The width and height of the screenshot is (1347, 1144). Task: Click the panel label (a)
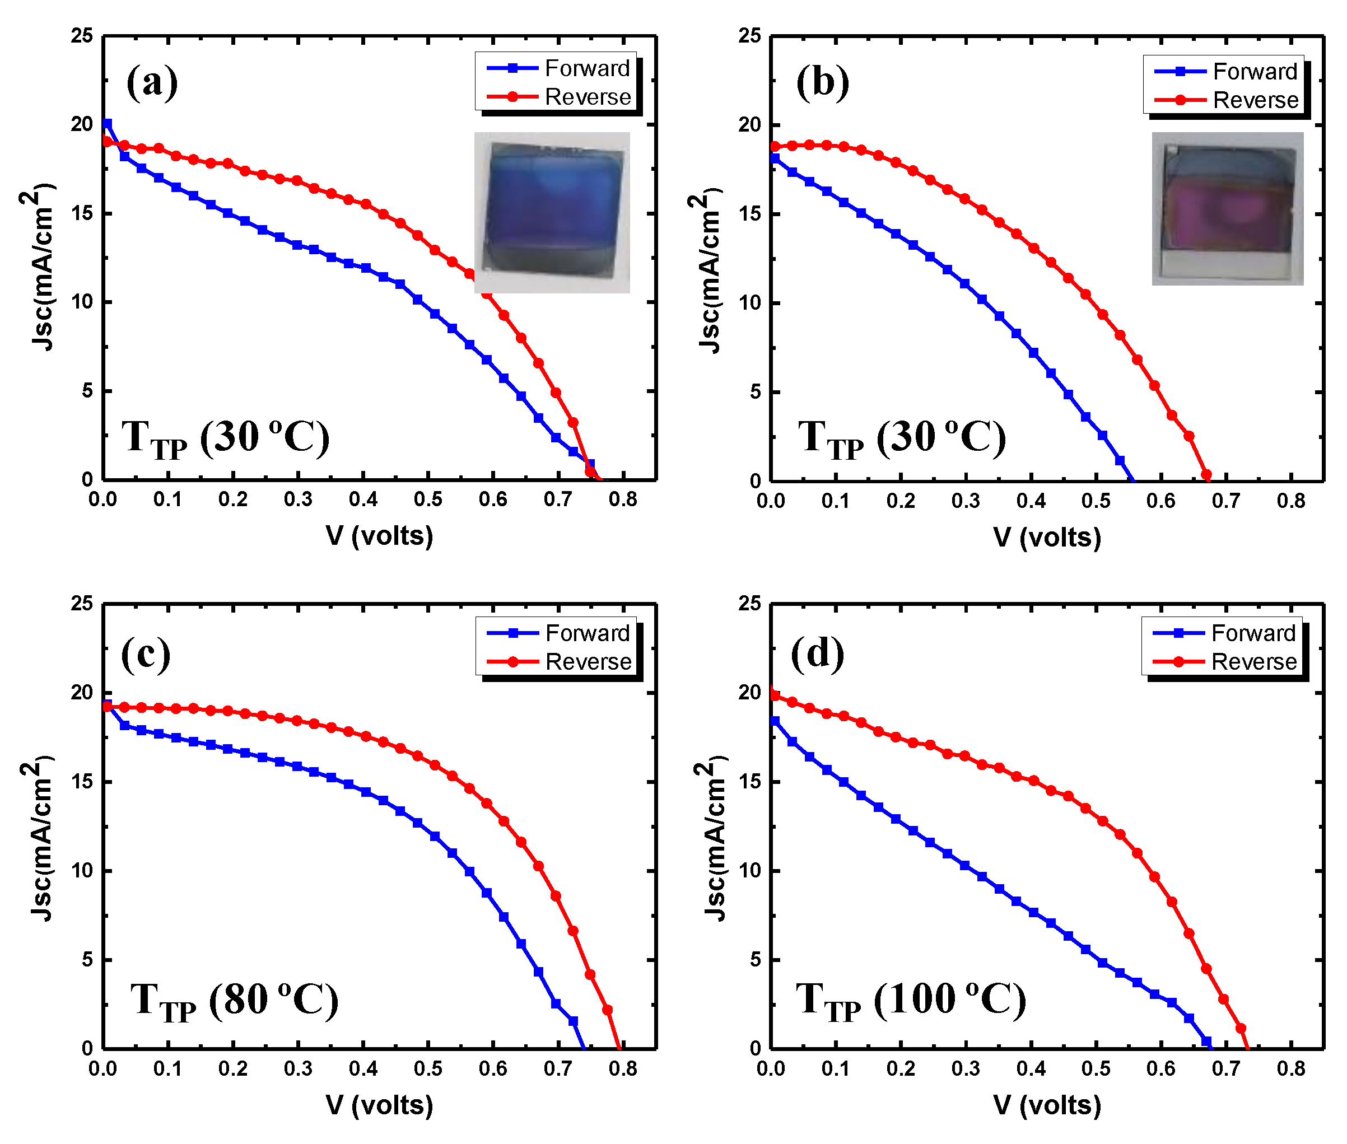[x=152, y=82]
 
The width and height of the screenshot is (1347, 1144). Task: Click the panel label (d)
[x=817, y=653]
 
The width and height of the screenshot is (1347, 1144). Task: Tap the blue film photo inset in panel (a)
[x=551, y=212]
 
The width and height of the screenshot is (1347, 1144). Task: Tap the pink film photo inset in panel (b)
[x=1227, y=208]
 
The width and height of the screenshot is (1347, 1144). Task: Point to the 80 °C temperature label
[x=234, y=1000]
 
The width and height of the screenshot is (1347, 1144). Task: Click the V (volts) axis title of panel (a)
[x=379, y=536]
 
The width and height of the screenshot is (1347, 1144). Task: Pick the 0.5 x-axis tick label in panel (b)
[x=1096, y=501]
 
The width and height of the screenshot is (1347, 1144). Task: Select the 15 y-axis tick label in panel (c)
[x=82, y=782]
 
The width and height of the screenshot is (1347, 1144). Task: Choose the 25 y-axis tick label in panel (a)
[x=82, y=36]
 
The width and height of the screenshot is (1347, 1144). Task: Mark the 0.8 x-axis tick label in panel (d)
[x=1290, y=1069]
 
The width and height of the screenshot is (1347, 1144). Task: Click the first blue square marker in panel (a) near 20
[x=107, y=123]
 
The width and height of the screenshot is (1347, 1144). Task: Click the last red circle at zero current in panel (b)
[x=1206, y=475]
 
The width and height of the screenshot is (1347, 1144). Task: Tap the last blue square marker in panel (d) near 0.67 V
[x=1206, y=1042]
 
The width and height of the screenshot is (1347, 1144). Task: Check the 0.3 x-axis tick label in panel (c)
[x=297, y=1069]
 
